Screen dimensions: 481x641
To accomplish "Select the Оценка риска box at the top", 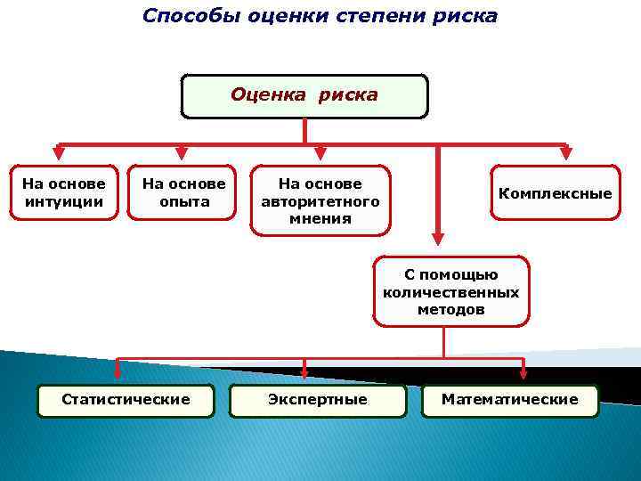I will (304, 96).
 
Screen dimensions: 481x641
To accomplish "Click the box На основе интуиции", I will (63, 192).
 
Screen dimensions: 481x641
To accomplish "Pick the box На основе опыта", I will (183, 192).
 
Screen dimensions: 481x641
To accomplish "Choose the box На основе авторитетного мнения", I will (320, 200).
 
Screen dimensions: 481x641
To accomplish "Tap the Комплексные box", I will (555, 193).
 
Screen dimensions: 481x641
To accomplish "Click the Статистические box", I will (126, 400).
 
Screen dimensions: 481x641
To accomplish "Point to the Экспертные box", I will (317, 400).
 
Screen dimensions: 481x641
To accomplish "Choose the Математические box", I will (509, 400).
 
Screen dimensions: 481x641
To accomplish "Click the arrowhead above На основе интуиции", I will (59, 153).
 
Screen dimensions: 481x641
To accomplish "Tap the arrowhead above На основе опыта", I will (182, 153).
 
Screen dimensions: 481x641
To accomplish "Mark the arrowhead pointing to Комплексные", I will (566, 153).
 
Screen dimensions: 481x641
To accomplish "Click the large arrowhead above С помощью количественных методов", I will (437, 238).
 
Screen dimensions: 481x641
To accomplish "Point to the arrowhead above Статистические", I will (119, 371).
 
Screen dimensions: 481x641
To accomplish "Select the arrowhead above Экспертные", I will (304, 371).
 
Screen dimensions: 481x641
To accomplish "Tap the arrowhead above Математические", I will (523, 371).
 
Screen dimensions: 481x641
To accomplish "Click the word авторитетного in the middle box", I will (320, 201).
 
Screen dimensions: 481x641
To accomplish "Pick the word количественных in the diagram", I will (450, 292).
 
